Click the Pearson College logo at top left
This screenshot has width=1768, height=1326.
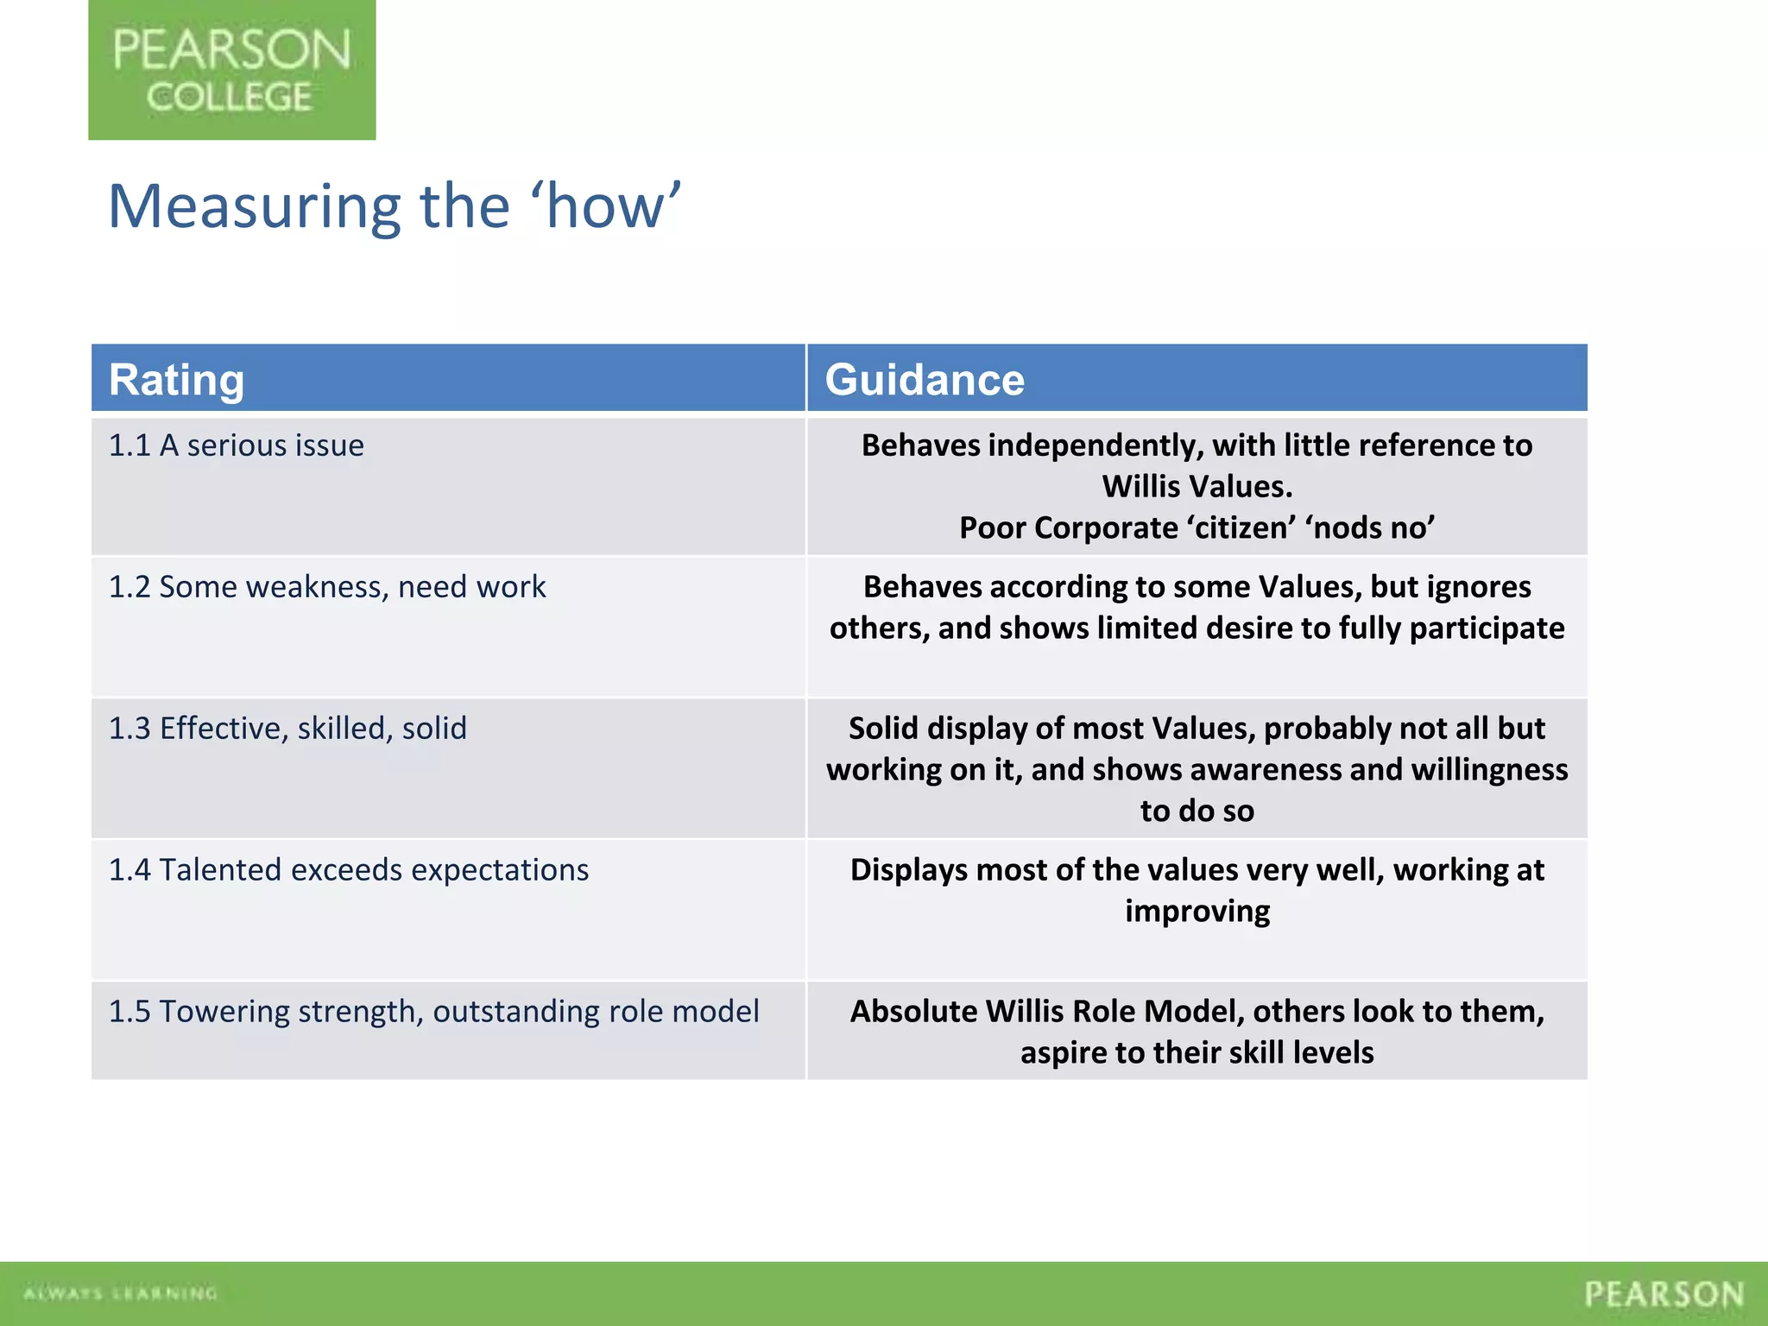click(231, 70)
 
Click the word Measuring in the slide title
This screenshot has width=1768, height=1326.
click(255, 207)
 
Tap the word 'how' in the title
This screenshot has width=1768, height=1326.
click(608, 207)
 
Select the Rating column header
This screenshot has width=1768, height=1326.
click(176, 380)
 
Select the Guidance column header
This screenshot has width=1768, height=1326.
click(925, 380)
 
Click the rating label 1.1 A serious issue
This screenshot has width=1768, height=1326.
click(236, 445)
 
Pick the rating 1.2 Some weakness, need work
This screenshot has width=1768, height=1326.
click(326, 587)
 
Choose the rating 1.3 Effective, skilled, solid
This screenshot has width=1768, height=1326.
click(287, 729)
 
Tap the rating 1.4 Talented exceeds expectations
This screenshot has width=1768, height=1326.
click(348, 870)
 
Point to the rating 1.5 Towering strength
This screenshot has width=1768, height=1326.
click(433, 1012)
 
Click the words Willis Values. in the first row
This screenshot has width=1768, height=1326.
click(1197, 487)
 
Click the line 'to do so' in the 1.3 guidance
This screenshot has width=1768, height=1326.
click(1197, 811)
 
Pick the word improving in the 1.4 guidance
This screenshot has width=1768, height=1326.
click(1197, 912)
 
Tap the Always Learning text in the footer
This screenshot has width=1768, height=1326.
click(120, 1293)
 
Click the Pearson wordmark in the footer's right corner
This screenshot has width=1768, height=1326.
click(1664, 1294)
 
